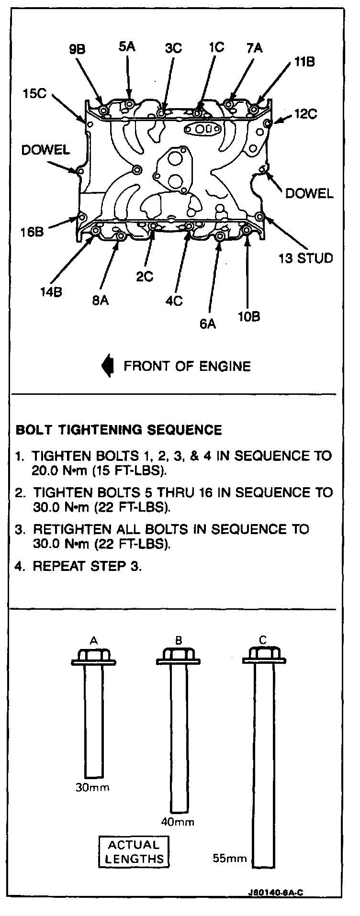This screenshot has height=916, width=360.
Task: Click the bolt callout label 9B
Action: (77, 50)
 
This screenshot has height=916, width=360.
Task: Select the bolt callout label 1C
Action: (216, 47)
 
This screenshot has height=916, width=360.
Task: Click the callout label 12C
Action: (305, 114)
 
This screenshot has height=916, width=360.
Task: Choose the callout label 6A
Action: (208, 324)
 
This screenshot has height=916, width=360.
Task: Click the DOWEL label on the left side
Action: (45, 150)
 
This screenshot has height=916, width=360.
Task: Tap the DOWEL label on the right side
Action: (309, 193)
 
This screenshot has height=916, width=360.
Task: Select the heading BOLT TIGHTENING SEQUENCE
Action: (119, 430)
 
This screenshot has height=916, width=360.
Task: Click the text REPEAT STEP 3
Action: (87, 566)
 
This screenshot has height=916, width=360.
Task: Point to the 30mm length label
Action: (92, 787)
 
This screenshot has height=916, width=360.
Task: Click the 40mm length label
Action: (178, 822)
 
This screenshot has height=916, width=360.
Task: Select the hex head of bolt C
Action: (263, 653)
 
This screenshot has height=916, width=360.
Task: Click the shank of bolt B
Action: (179, 737)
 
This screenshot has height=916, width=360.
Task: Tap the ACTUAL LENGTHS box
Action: (134, 852)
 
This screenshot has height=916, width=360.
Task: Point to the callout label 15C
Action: (34, 93)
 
